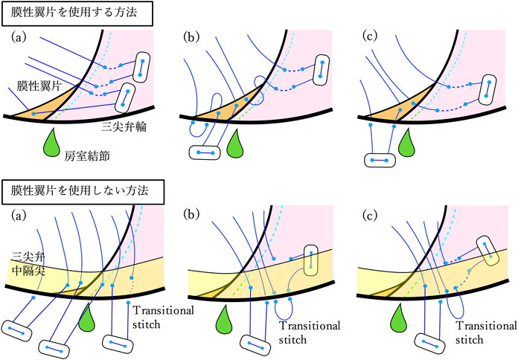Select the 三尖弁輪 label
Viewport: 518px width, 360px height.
click(122, 127)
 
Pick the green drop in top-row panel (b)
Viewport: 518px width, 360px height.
click(236, 143)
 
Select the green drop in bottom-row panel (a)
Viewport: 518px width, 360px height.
click(87, 318)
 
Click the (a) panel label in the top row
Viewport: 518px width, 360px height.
click(21, 36)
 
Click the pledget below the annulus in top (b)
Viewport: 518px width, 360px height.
click(205, 152)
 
